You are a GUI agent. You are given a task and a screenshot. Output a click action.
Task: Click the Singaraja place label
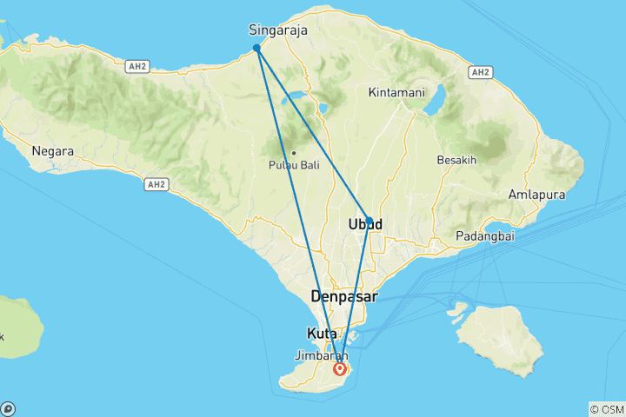coord(278,29)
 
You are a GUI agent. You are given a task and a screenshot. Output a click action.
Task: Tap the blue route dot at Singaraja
coord(256,49)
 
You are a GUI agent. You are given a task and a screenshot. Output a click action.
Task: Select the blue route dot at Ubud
coord(370,221)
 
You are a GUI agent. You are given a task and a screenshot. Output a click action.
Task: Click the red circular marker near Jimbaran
coord(340,368)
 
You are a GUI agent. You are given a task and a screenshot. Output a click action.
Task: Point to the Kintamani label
coord(398,91)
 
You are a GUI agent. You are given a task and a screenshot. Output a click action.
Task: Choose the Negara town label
coord(52,150)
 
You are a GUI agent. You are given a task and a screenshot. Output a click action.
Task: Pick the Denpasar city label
coord(345,296)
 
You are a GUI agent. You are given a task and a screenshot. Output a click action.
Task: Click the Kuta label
coord(322,334)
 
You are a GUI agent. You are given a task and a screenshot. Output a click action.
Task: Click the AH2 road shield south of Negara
coord(156,183)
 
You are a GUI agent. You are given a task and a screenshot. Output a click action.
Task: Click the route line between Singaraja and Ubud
coord(313,135)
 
